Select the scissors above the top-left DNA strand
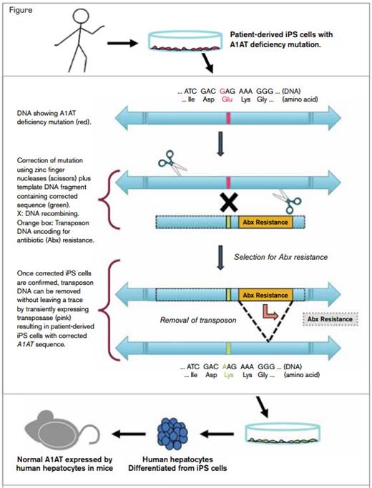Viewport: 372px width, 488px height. click(170, 166)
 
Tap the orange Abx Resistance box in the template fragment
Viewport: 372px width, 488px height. click(265, 223)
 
